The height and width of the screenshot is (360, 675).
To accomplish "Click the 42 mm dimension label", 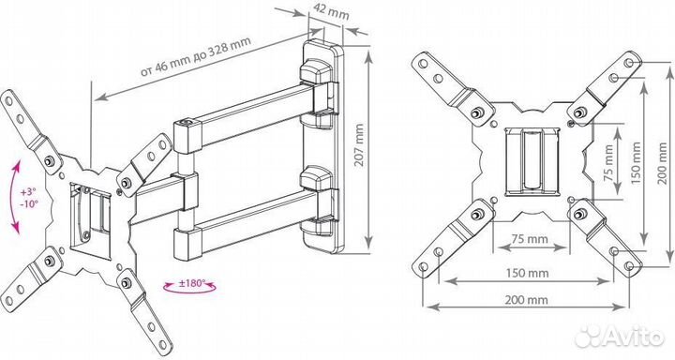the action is tap(331, 12).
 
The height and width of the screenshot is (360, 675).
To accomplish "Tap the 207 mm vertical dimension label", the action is tap(359, 145).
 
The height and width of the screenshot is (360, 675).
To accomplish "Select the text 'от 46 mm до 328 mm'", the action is tap(195, 55).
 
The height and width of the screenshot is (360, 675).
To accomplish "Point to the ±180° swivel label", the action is tap(191, 283).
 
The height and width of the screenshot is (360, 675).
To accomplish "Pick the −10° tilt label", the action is tap(29, 202).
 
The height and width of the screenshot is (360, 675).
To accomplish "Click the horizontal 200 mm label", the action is tap(526, 300).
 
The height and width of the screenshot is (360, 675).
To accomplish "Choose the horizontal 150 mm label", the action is tap(527, 273).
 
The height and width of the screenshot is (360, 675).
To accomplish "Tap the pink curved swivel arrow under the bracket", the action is tap(189, 290).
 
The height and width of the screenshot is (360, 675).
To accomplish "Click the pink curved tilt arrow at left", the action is tap(15, 198).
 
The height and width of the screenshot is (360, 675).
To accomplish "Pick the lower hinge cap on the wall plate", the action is tap(317, 177).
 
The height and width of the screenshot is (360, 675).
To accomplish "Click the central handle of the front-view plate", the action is tap(532, 160).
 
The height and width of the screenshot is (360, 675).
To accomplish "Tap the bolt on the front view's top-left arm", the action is tap(476, 113).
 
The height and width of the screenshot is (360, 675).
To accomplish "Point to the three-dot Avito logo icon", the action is tap(589, 336).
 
